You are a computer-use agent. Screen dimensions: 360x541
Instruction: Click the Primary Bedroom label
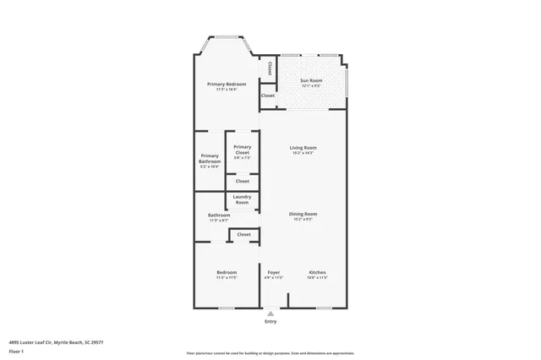(x=227, y=84)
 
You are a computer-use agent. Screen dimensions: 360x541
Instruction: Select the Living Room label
(x=303, y=148)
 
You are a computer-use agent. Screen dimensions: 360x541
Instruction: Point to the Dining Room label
(x=303, y=215)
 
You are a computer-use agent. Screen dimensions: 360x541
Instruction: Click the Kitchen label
(x=317, y=272)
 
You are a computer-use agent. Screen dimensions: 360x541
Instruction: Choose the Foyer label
(x=273, y=272)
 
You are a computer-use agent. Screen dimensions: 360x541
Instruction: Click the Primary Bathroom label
(x=210, y=158)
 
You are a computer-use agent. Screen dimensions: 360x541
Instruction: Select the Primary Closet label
(x=243, y=150)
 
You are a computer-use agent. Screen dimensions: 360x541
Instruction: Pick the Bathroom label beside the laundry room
(x=219, y=215)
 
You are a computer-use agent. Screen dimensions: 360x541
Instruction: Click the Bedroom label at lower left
(x=226, y=272)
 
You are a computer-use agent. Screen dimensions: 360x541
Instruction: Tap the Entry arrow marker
(x=270, y=313)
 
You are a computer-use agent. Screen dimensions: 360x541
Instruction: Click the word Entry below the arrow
(x=270, y=321)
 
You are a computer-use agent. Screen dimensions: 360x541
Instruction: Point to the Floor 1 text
(x=16, y=351)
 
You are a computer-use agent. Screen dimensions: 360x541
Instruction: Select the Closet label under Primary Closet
(x=243, y=181)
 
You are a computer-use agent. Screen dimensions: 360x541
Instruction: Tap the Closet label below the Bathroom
(x=243, y=234)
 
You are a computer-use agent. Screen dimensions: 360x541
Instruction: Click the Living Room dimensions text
(x=303, y=153)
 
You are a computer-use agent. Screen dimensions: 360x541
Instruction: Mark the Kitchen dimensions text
(x=317, y=277)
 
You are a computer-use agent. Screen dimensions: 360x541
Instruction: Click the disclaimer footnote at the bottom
(x=270, y=352)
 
